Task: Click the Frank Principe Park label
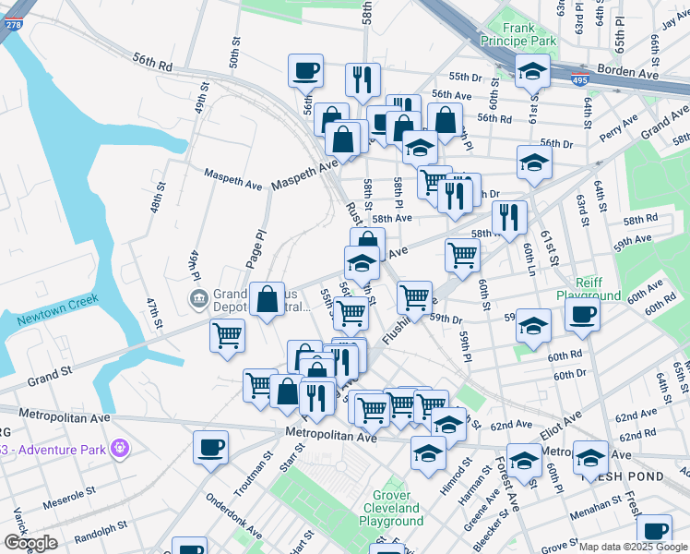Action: click(x=518, y=35)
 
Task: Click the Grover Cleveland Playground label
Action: click(x=391, y=514)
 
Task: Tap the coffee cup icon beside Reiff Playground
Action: click(x=581, y=314)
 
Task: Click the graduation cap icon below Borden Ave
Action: click(x=532, y=71)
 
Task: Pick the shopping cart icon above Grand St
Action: click(x=227, y=334)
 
